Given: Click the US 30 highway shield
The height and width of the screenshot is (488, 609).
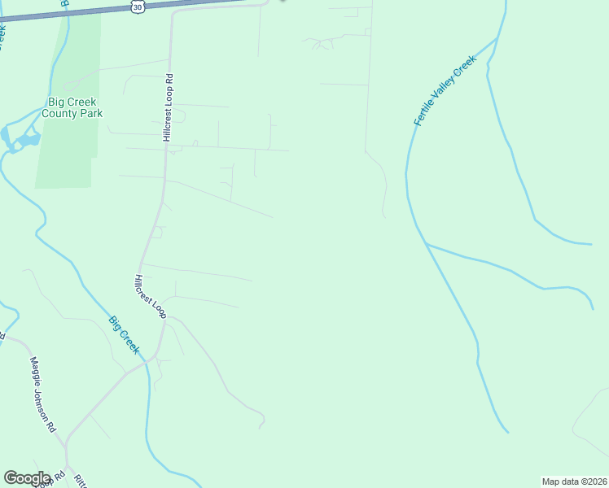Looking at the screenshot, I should pyautogui.click(x=136, y=7).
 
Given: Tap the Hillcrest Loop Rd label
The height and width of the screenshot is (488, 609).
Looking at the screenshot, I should pyautogui.click(x=169, y=108).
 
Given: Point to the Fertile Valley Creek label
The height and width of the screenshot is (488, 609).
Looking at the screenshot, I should pyautogui.click(x=443, y=96).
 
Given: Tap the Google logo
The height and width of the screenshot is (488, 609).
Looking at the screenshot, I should pyautogui.click(x=27, y=478).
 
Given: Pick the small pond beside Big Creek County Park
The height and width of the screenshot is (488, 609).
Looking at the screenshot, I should pyautogui.click(x=27, y=140).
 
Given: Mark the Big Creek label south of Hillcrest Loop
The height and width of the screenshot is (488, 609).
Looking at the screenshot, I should pyautogui.click(x=125, y=334).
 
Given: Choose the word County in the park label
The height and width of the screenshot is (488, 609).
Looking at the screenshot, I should pyautogui.click(x=62, y=114).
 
